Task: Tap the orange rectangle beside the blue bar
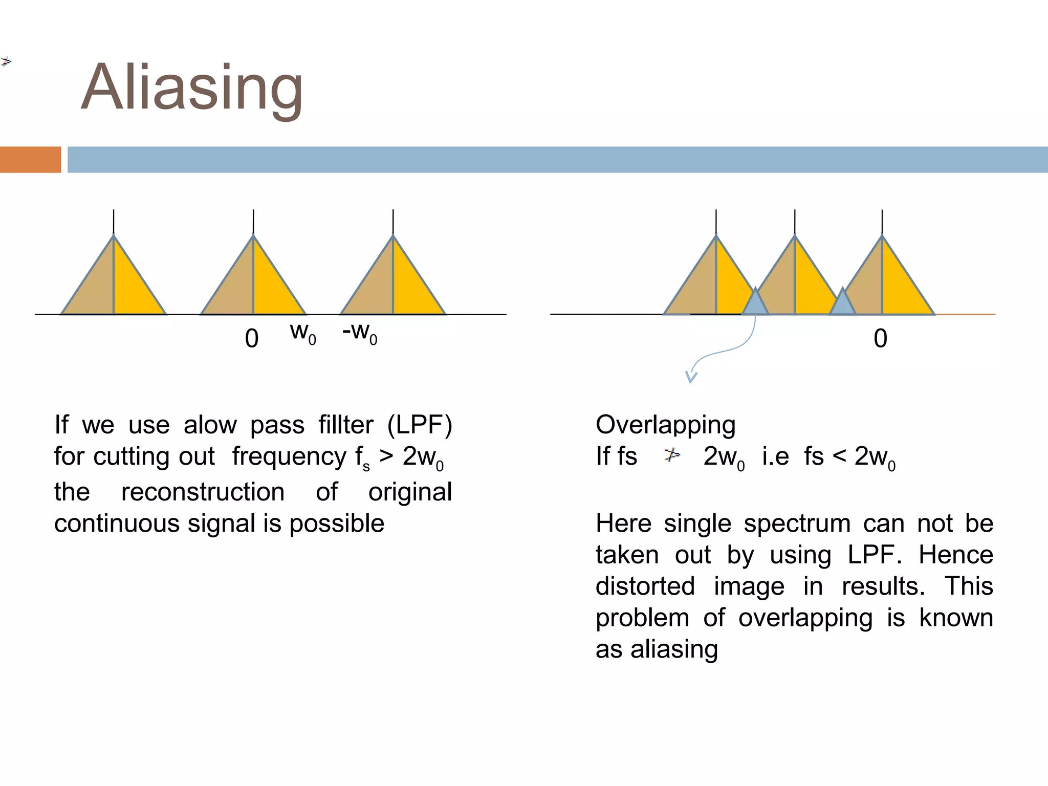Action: pyautogui.click(x=30, y=160)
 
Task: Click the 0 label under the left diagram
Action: pyautogui.click(x=252, y=339)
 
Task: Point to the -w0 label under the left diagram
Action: pyautogui.click(x=360, y=333)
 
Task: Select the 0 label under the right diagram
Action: pyautogui.click(x=880, y=339)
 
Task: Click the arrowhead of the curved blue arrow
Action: pyautogui.click(x=691, y=378)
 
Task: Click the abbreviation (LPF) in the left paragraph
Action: pyautogui.click(x=420, y=425)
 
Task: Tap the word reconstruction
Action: pyautogui.click(x=203, y=492)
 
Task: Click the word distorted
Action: pyautogui.click(x=645, y=586)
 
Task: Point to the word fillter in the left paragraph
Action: pyautogui.click(x=346, y=425)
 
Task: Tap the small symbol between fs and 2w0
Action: pyautogui.click(x=671, y=454)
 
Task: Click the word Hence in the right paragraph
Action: pyautogui.click(x=955, y=555)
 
